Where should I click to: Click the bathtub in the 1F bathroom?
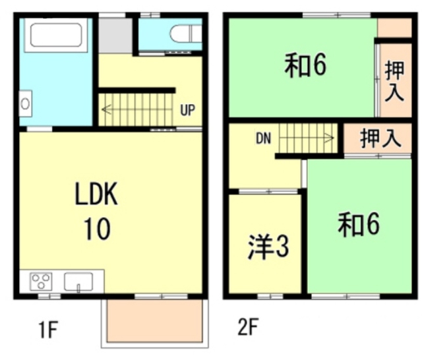pos(55,36)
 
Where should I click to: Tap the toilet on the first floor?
pos(185,33)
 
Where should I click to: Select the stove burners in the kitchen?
pos(41,282)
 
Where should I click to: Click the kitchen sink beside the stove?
pos(78,282)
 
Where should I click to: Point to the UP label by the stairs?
pos(187,110)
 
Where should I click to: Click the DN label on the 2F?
pos(264,138)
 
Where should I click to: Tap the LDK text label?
pos(96,196)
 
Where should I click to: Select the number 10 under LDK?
pos(96,229)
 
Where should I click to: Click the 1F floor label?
pos(44,328)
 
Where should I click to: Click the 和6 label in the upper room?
pos(306,67)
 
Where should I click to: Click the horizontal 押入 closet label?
pos(381,139)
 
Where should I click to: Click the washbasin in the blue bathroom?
pos(25,104)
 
